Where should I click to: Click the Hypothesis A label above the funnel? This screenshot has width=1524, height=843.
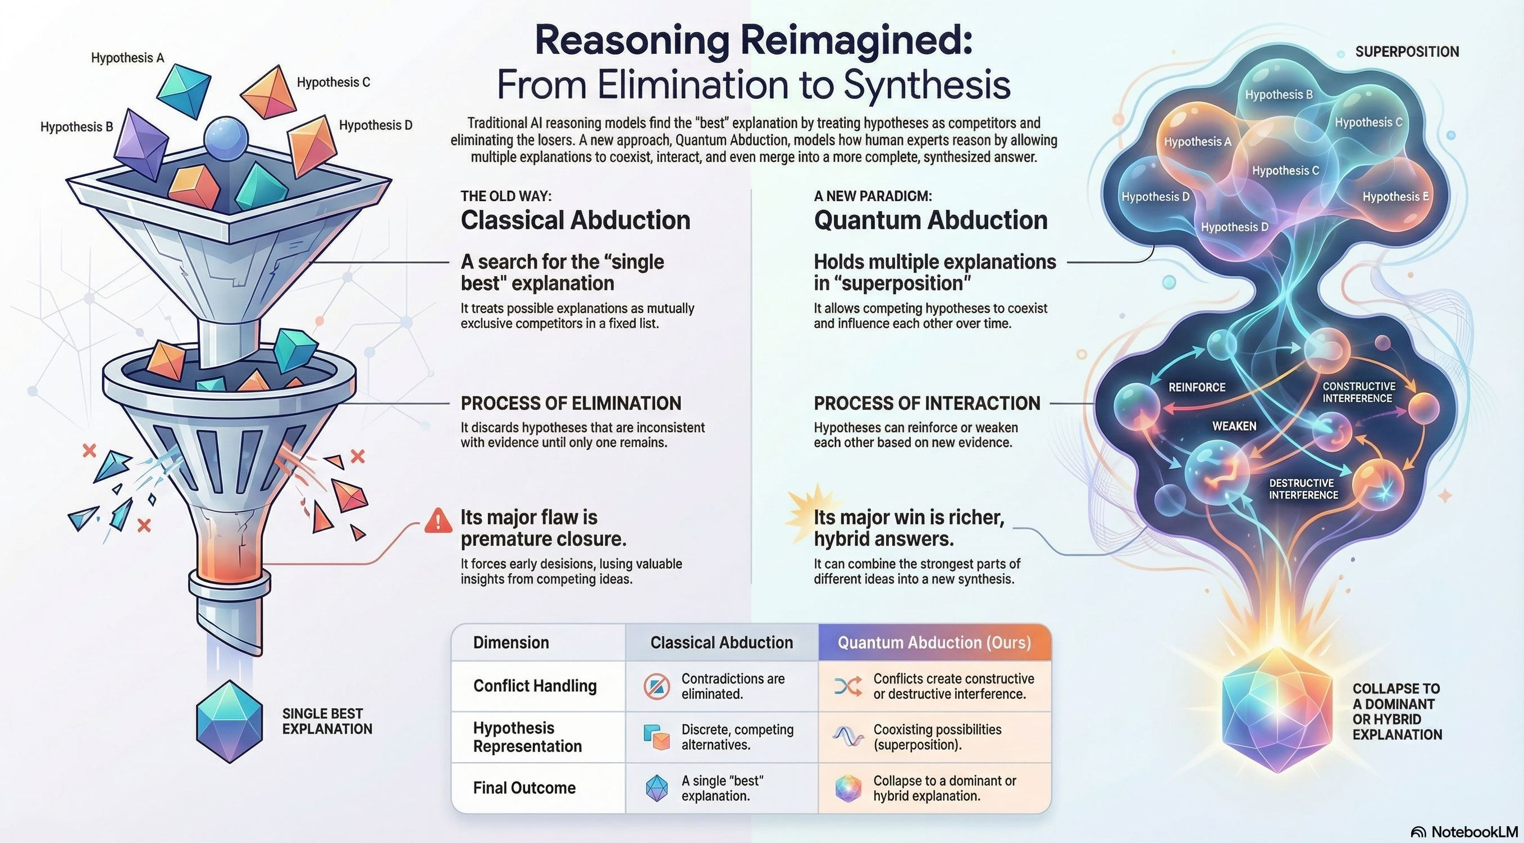coord(127,58)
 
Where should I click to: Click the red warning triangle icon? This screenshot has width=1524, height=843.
coord(438,520)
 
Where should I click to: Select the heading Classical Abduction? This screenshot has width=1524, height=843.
coord(575,220)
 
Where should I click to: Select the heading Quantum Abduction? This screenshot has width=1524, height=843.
coord(930,220)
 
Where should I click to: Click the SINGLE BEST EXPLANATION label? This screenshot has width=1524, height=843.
coord(327,721)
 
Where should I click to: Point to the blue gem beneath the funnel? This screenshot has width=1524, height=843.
coord(229,720)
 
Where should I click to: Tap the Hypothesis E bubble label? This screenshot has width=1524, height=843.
coord(1395,197)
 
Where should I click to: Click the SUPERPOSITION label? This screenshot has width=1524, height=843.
coord(1407,52)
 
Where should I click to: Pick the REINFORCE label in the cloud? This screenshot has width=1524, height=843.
coord(1196,387)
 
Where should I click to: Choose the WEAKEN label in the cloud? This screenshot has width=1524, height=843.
coord(1234,426)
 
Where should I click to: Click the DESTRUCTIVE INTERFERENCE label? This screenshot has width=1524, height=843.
coord(1303,489)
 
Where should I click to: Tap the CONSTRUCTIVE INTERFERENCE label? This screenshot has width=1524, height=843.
coord(1358,392)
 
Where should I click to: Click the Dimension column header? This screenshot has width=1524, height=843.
coord(510,642)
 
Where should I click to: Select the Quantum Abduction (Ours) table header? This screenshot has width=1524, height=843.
coord(934,642)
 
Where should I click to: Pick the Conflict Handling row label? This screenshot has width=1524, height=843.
coord(534,686)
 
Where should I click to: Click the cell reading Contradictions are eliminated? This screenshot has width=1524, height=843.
coord(732,686)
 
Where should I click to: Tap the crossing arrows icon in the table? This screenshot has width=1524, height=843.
coord(847,687)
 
